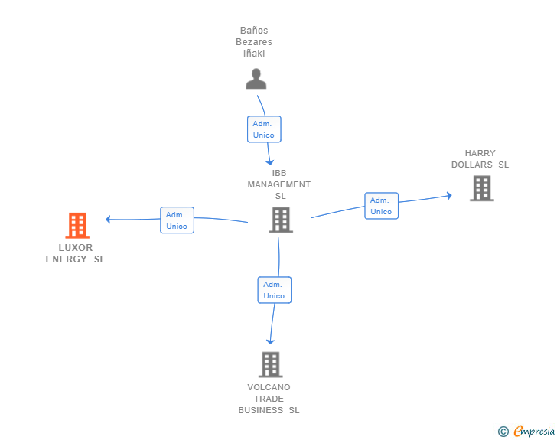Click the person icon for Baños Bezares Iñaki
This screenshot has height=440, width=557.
click(x=256, y=79)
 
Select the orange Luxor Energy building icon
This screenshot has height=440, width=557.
click(x=77, y=225)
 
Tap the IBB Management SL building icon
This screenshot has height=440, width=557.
click(x=281, y=220)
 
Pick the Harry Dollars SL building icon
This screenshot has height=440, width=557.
click(x=482, y=188)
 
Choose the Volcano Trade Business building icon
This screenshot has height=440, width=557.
click(x=271, y=364)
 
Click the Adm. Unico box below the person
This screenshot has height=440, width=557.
click(x=264, y=129)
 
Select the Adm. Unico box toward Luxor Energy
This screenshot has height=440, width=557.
click(x=177, y=220)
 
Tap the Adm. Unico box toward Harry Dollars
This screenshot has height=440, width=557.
click(x=381, y=206)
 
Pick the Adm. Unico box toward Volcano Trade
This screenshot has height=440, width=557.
click(x=274, y=290)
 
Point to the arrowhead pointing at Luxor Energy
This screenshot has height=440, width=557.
click(x=108, y=220)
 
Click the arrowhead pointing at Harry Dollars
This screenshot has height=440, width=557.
click(x=449, y=195)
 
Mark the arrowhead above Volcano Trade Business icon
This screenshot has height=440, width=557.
click(x=270, y=342)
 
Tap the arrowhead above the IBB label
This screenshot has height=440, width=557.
click(x=270, y=162)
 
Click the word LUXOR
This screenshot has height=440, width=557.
click(x=75, y=248)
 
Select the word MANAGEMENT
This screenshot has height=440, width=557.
click(x=278, y=184)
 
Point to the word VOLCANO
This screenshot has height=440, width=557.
click(x=269, y=387)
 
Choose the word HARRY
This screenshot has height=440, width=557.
click(x=480, y=153)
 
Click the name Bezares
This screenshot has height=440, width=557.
click(x=254, y=42)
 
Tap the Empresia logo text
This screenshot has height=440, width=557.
click(x=534, y=431)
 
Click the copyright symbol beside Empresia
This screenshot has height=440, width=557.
click(x=503, y=432)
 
